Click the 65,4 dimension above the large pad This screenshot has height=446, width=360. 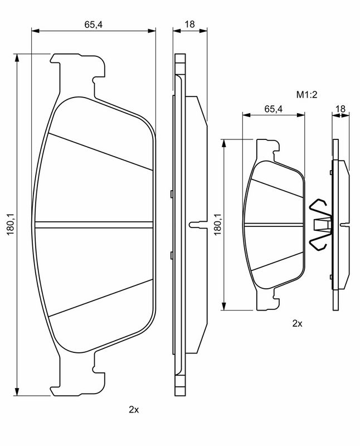93,25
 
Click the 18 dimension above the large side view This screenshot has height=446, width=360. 189,24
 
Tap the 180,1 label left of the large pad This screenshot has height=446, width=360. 11,224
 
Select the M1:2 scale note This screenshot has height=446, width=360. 307,94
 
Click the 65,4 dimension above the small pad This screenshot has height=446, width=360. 273,109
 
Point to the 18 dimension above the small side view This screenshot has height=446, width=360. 340,108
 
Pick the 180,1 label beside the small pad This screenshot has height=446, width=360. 217,224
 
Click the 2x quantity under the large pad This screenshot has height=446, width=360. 134,410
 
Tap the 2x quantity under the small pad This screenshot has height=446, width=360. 297,323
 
